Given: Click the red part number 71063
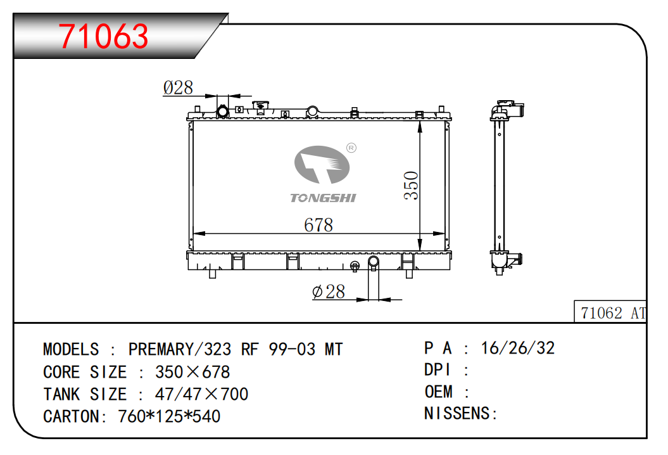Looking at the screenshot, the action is (x=103, y=36).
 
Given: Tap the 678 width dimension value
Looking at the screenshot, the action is (x=318, y=225).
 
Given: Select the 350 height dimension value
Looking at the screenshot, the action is (x=411, y=186).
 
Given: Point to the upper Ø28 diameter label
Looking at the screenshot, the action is (x=178, y=87).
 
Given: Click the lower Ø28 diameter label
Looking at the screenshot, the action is (x=328, y=292).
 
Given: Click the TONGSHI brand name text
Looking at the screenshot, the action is (x=323, y=198).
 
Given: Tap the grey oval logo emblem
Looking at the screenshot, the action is (x=322, y=165).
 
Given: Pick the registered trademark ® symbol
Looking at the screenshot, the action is (x=351, y=148).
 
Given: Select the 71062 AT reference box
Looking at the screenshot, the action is (x=610, y=311).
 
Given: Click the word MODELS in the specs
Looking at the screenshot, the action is (x=71, y=349).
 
